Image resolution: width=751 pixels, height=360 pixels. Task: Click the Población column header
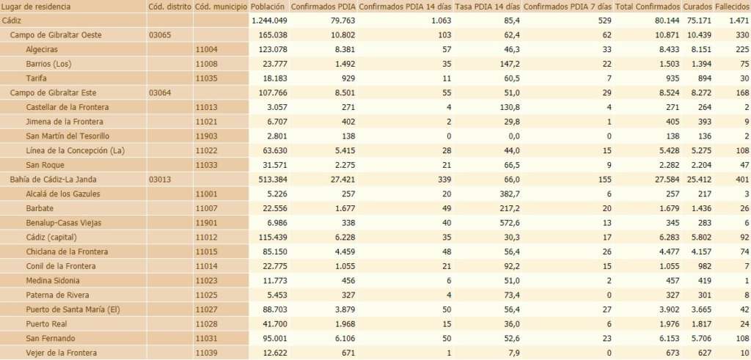point(268,7)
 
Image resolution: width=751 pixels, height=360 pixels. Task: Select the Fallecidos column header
point(732,7)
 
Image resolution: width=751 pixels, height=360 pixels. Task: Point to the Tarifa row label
point(37,78)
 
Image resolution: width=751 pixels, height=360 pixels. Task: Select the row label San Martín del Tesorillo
point(67,136)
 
